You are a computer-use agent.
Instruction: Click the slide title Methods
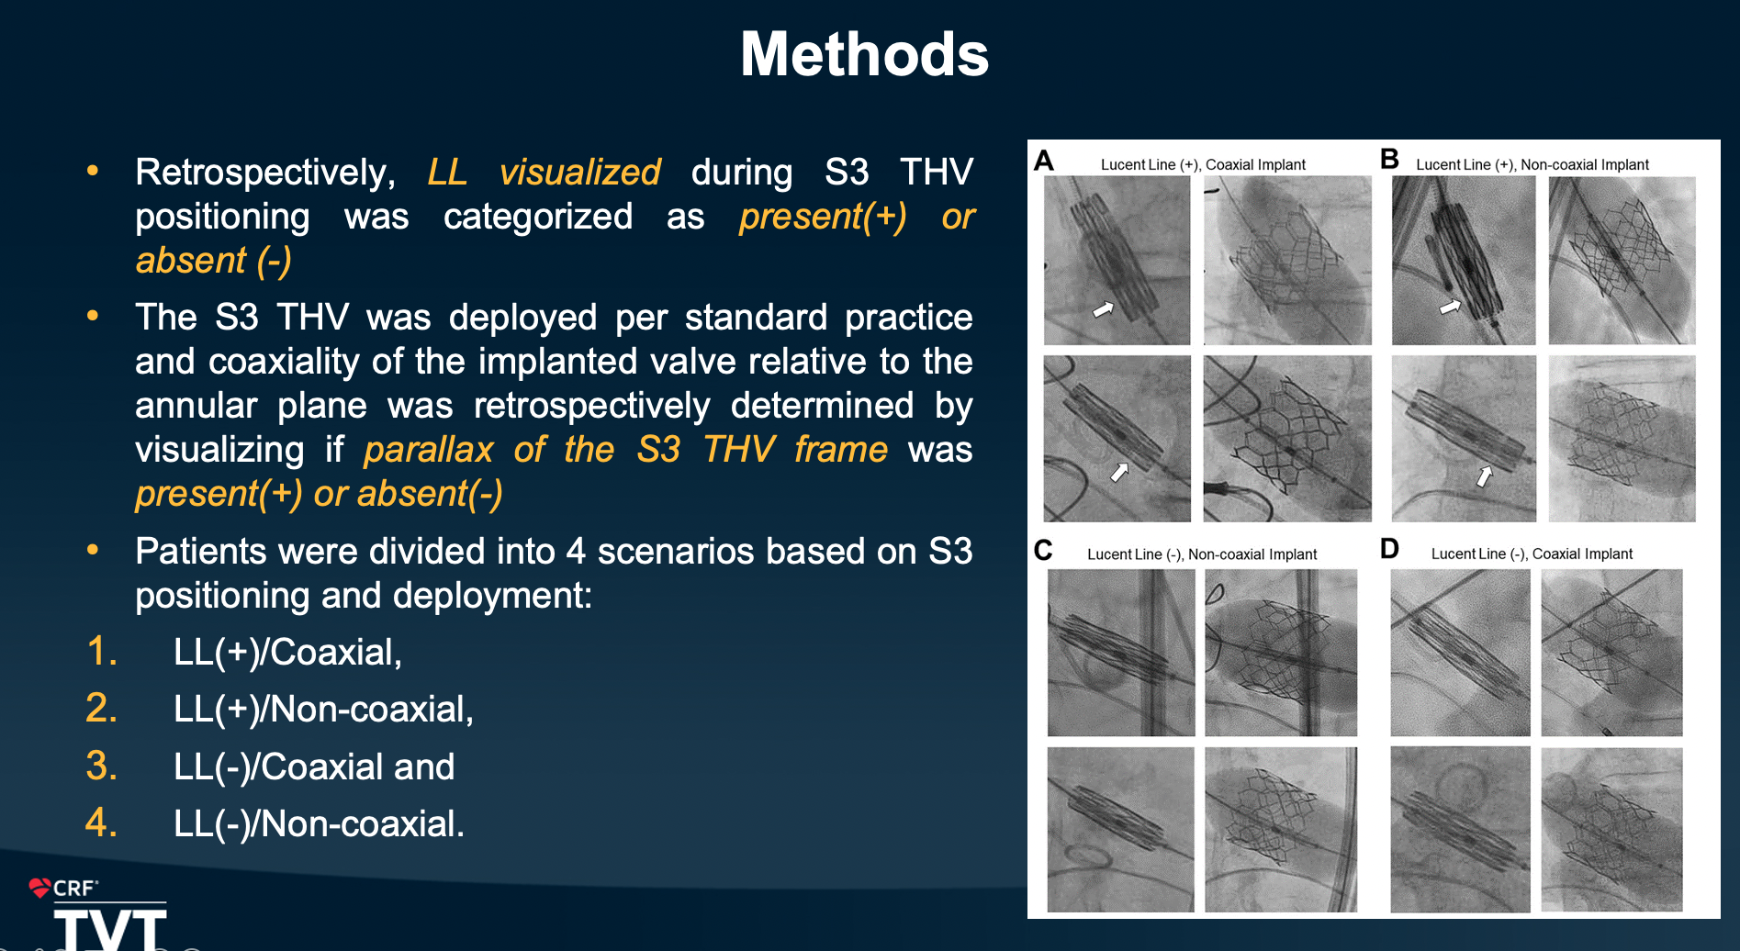(x=864, y=54)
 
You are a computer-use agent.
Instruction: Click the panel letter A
(x=1044, y=161)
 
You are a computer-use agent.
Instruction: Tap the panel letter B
(x=1389, y=159)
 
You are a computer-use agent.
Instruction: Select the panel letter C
(x=1043, y=550)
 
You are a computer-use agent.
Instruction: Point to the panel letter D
(x=1389, y=549)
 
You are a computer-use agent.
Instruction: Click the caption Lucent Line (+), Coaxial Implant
(x=1203, y=165)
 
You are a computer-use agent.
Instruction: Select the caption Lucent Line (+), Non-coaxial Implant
(x=1532, y=165)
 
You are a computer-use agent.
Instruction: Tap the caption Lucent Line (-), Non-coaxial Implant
(x=1202, y=554)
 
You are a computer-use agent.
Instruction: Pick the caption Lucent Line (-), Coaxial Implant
(x=1532, y=554)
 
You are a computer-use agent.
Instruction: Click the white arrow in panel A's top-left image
(x=1103, y=309)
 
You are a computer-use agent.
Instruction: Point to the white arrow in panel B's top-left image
(x=1450, y=307)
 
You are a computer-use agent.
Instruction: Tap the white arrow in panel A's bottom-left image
(x=1119, y=472)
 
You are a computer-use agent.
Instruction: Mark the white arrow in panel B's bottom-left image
(x=1485, y=475)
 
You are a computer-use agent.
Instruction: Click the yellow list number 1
(x=101, y=652)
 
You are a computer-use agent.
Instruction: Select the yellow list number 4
(x=101, y=822)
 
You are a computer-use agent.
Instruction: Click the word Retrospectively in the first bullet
(x=265, y=173)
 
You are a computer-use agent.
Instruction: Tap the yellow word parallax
(x=429, y=450)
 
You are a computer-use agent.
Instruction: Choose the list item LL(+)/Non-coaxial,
(x=323, y=710)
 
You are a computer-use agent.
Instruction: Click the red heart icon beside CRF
(x=39, y=888)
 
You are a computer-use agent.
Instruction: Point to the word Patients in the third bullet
(x=201, y=552)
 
